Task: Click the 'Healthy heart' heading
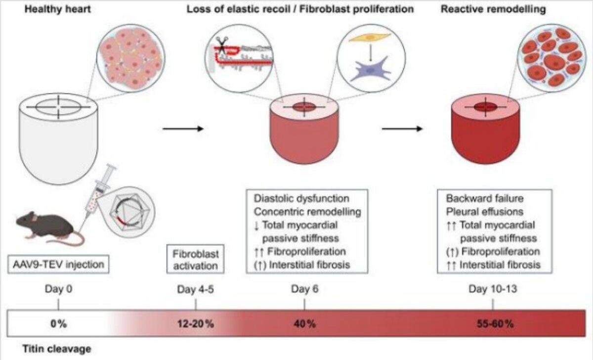click(x=57, y=9)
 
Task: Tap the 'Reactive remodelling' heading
click(x=493, y=9)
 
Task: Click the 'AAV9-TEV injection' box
click(x=58, y=265)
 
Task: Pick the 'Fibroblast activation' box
click(x=195, y=259)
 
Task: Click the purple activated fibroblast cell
click(x=371, y=69)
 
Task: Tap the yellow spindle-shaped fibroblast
click(x=370, y=38)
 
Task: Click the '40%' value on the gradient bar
click(x=304, y=324)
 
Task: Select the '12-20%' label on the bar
click(x=195, y=324)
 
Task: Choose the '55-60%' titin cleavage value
click(x=495, y=324)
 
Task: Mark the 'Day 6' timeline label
click(x=305, y=289)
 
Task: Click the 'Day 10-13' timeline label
click(x=493, y=289)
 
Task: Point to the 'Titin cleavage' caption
click(x=57, y=349)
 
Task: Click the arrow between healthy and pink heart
click(x=183, y=129)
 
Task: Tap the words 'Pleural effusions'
click(x=485, y=212)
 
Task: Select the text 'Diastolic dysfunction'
click(x=301, y=198)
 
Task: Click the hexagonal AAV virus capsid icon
click(x=129, y=212)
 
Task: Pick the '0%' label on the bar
click(x=58, y=324)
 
